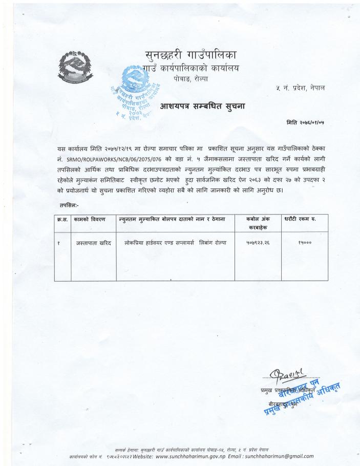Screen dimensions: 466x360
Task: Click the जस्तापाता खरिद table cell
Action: point(94,242)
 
